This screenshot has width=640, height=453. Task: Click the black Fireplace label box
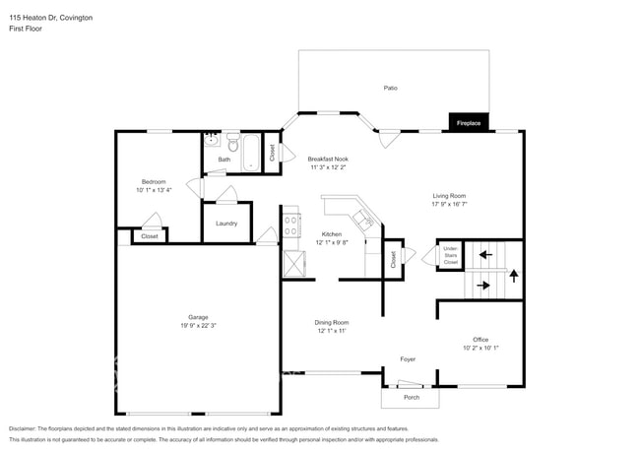click(469, 123)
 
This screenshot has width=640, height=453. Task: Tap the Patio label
click(391, 89)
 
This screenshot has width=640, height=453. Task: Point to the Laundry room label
click(225, 224)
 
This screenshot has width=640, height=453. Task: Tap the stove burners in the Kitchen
click(291, 226)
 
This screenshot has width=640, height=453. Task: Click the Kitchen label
click(332, 232)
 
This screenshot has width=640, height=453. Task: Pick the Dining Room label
click(332, 322)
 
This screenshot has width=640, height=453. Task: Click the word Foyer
click(408, 359)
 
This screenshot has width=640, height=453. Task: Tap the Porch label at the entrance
click(412, 397)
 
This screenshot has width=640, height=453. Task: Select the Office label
click(480, 339)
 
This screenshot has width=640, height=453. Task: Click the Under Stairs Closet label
click(450, 255)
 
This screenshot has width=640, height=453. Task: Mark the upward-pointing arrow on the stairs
click(513, 275)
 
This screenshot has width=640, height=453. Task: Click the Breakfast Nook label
click(328, 159)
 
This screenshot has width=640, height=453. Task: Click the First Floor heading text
click(26, 30)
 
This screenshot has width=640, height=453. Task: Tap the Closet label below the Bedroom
click(150, 236)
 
